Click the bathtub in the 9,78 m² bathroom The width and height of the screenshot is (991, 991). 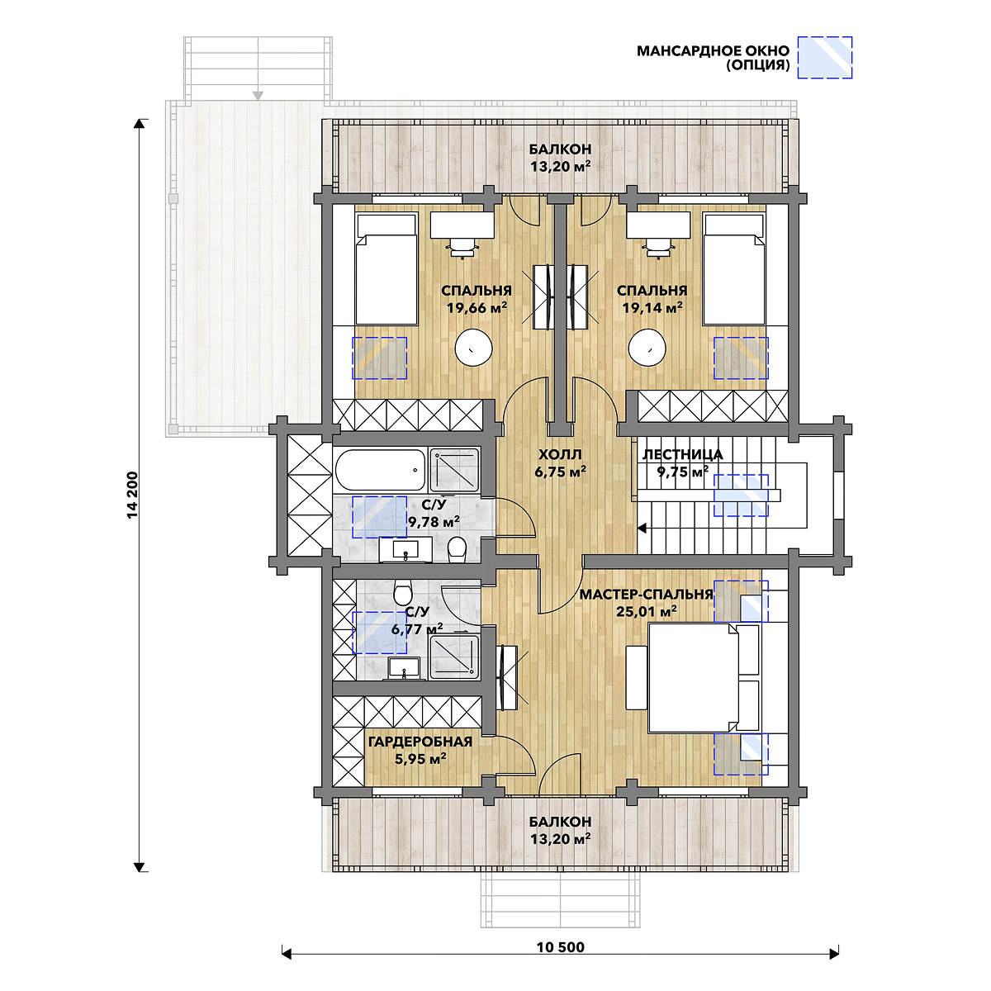coord(380,470)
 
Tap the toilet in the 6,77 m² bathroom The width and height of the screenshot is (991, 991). coord(403,593)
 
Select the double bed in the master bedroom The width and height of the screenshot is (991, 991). coord(704,677)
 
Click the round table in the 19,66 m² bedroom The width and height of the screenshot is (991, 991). coord(474,349)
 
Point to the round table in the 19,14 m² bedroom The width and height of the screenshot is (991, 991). coord(647,349)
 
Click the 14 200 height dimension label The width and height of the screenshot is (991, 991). coord(133,495)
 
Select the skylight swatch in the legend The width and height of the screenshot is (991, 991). coord(824,57)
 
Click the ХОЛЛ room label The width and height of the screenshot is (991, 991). coord(560,454)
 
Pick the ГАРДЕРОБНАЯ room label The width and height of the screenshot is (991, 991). coord(420,742)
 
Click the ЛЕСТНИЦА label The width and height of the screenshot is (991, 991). coord(682,454)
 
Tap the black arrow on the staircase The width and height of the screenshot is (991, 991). coord(642,528)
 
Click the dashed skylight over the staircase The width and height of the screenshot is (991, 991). coord(741,495)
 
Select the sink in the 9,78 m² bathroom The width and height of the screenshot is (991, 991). coord(405,550)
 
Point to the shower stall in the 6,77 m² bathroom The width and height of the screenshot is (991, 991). coord(454,657)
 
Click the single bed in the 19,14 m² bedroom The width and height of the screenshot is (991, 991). coord(733,269)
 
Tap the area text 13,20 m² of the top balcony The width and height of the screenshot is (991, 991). coord(560,167)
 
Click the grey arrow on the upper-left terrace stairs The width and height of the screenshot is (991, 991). coord(258,96)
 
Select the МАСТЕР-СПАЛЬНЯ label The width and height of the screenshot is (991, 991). coord(647,595)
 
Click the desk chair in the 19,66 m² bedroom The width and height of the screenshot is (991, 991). coord(462,248)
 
